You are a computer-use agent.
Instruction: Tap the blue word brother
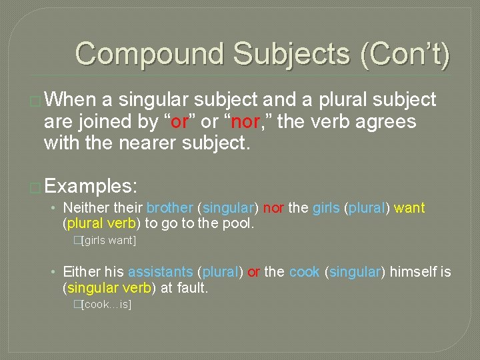click(170, 208)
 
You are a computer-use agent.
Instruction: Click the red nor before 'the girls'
click(273, 208)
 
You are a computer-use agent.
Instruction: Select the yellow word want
click(409, 208)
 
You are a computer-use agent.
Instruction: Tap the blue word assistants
click(161, 272)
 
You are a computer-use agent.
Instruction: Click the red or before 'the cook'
click(253, 272)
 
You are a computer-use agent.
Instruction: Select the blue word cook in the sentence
click(304, 272)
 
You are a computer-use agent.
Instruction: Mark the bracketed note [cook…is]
click(106, 304)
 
